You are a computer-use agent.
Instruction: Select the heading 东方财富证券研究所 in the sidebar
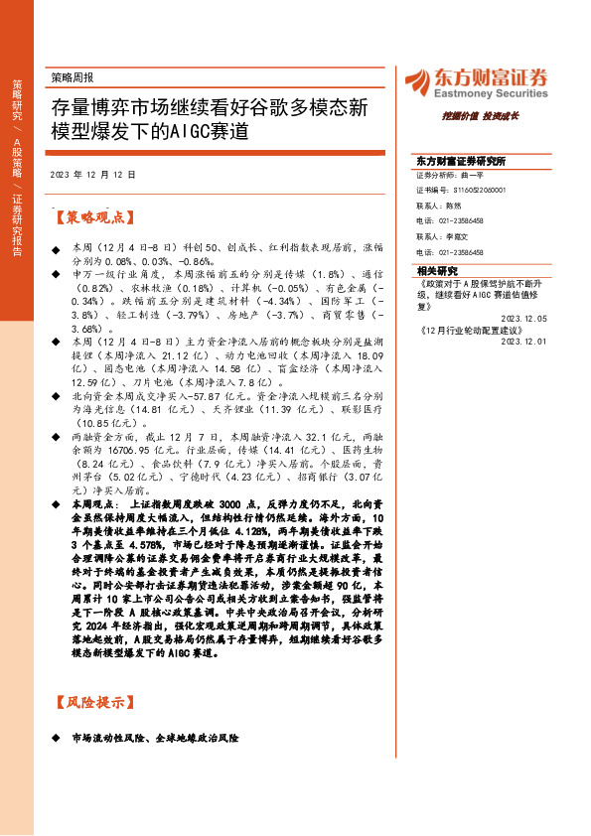click(x=461, y=161)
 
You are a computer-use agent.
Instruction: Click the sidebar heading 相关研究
click(x=437, y=270)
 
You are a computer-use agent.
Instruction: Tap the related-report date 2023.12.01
click(x=522, y=340)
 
